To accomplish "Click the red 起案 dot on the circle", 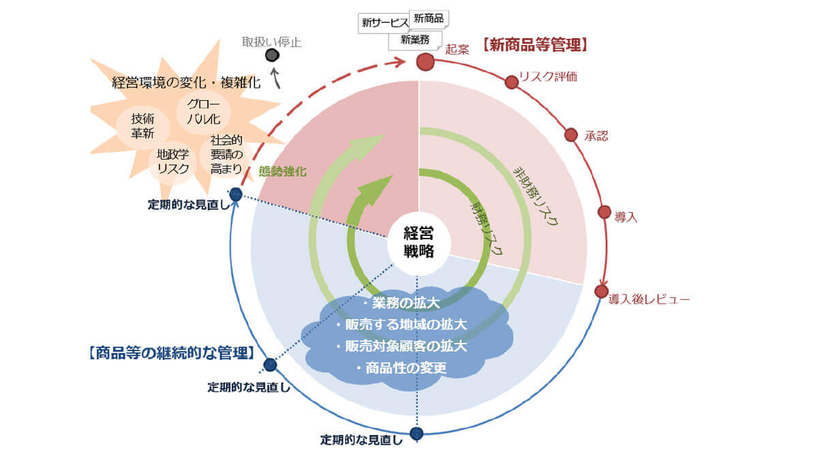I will [x=425, y=62].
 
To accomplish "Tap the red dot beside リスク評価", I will [x=511, y=82].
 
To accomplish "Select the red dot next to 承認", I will [x=571, y=135].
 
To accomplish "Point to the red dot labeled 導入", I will [x=604, y=211].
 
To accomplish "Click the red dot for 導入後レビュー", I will [x=601, y=291].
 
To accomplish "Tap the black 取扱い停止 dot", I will [x=272, y=55].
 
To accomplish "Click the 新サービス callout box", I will [x=384, y=22].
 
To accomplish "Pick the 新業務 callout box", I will [x=415, y=40].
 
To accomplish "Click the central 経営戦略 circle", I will [x=419, y=241].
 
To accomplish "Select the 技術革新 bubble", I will [x=143, y=126].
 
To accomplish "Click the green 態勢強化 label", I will [x=283, y=171].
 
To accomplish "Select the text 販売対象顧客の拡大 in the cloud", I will [x=402, y=346].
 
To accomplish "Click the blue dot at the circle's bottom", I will [x=416, y=433].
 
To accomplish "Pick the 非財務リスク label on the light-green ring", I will [x=536, y=194].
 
